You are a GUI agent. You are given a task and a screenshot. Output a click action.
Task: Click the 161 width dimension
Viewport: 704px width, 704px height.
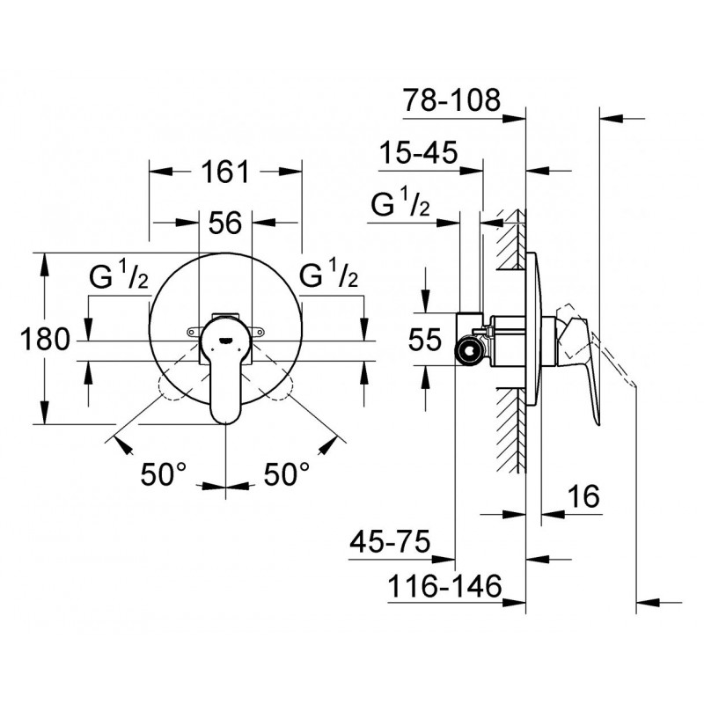coord(224,172)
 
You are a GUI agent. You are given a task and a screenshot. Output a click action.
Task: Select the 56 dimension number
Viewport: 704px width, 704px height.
coord(225,223)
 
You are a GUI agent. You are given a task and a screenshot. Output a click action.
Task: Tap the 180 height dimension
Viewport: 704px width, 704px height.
coord(46,339)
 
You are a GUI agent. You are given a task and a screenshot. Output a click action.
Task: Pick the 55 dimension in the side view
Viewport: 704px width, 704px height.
coord(425,339)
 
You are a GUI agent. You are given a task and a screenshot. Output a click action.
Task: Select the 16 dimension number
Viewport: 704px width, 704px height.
coord(583,495)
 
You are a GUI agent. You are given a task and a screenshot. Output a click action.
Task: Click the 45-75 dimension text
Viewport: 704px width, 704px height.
coord(390,541)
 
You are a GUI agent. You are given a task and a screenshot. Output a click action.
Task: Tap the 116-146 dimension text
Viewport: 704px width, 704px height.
coord(444,585)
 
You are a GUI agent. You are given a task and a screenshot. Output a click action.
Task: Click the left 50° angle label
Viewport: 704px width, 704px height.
coord(163,474)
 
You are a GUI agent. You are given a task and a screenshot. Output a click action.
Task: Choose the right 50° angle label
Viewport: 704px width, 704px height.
coord(287,474)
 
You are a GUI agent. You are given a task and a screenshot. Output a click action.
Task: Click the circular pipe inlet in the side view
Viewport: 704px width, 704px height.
coord(469,349)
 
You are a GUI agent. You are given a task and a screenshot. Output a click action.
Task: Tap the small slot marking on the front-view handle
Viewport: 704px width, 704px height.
coord(225,340)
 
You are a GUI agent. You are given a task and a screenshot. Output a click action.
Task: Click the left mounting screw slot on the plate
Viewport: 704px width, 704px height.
coord(194,332)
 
